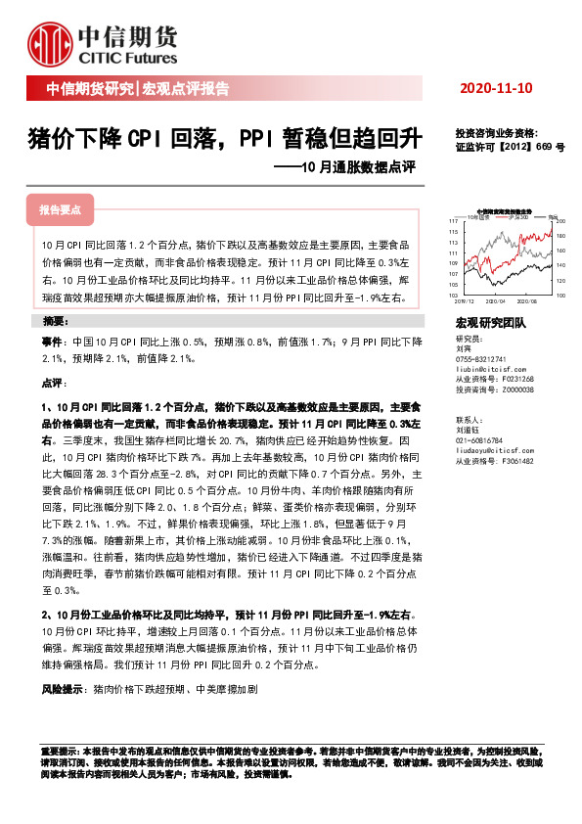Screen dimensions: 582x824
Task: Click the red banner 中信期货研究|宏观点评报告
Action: point(137,89)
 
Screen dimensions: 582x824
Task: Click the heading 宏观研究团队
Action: point(491,322)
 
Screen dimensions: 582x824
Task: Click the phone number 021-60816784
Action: point(482,441)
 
